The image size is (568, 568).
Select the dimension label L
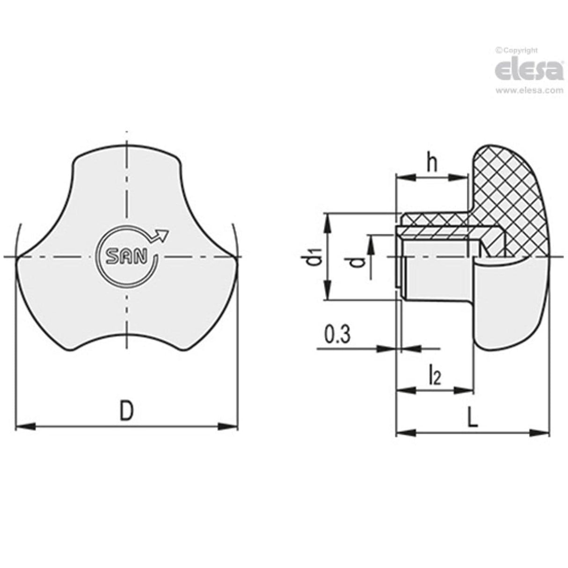point(473,418)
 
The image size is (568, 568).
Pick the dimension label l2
point(435,375)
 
